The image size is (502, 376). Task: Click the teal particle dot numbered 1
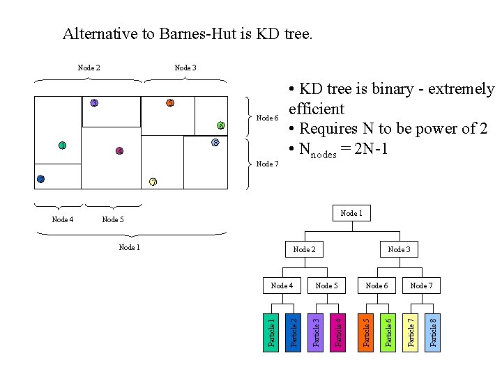click(62, 146)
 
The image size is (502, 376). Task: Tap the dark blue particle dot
click(40, 179)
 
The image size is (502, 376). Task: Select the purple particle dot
click(94, 103)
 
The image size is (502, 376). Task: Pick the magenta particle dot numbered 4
click(119, 151)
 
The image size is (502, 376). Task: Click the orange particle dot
click(169, 103)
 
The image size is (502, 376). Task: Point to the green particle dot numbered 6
click(220, 125)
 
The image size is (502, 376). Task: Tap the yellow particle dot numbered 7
click(153, 182)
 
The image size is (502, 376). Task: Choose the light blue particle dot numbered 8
click(215, 143)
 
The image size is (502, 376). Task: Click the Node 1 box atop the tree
click(351, 213)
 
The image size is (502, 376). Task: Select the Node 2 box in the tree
click(304, 249)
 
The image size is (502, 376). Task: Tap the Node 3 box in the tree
click(399, 249)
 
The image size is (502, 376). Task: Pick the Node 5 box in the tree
click(326, 285)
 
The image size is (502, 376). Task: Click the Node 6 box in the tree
click(376, 285)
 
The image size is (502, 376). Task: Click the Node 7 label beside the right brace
click(268, 164)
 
